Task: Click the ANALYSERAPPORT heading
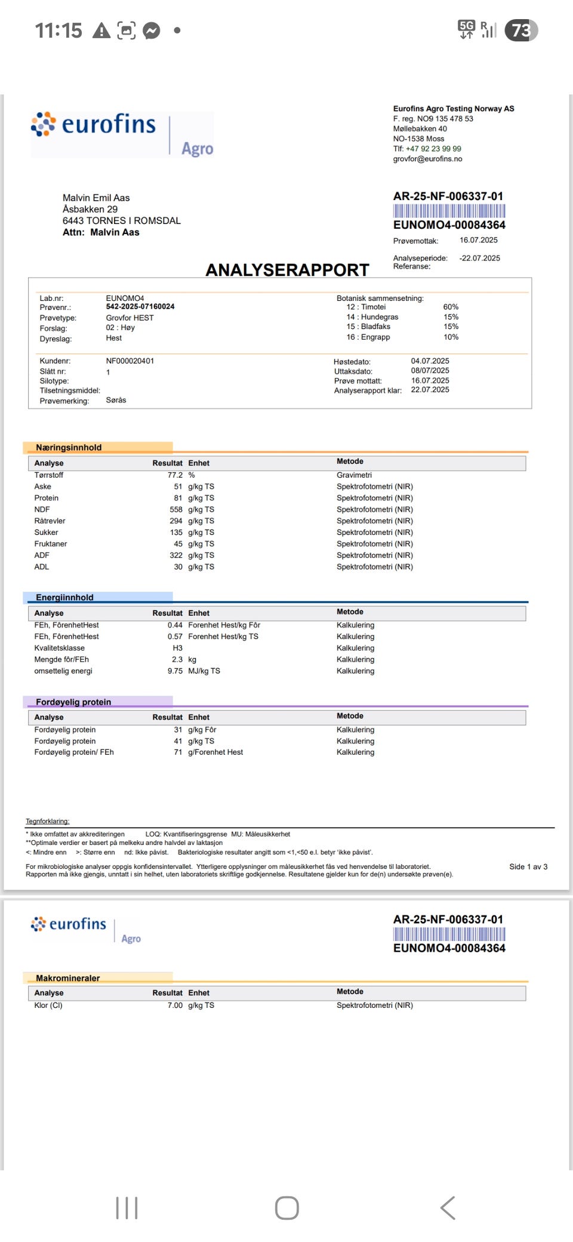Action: point(287,270)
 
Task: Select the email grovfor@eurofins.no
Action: point(427,159)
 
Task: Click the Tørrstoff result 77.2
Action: point(175,475)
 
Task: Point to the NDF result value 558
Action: point(175,509)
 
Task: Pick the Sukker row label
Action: point(46,533)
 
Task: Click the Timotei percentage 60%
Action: point(451,307)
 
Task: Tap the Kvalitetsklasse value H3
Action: point(177,648)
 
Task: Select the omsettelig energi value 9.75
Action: point(175,671)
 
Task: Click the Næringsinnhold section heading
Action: point(69,447)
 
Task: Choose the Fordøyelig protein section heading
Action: point(73,702)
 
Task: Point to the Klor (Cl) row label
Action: point(48,1006)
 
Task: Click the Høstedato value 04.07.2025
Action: point(430,361)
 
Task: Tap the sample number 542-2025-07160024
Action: point(140,307)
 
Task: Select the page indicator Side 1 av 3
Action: point(528,866)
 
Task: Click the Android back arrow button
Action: point(448,1208)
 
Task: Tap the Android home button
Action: point(286,1208)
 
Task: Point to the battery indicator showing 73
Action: point(521,30)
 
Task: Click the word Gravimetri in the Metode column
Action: point(354,475)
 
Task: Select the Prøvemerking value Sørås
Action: point(116,400)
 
